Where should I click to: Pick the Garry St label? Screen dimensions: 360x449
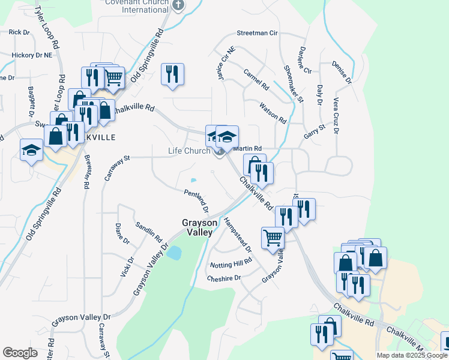pos(314,131)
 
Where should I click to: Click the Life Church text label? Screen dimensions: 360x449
pos(188,151)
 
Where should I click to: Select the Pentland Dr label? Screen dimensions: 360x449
pos(196,200)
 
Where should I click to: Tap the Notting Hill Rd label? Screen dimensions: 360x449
pos(231,264)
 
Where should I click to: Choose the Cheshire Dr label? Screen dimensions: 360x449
pos(223,278)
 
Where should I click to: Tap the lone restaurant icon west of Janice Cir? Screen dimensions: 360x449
pos(172,74)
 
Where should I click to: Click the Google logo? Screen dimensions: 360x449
pos(20,352)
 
